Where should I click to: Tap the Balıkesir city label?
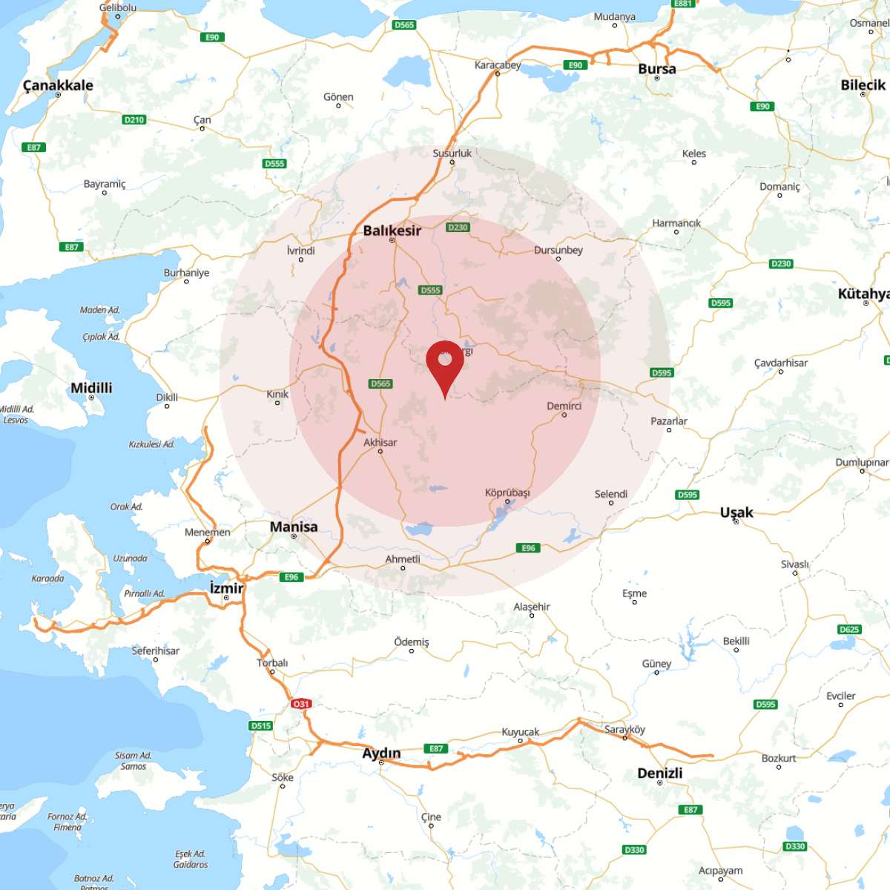click(x=392, y=231)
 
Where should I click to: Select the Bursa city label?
click(x=657, y=69)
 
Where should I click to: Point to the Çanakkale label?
click(x=58, y=85)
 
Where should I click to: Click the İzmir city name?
click(x=226, y=588)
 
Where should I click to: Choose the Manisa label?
click(x=294, y=527)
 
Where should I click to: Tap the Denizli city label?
click(x=659, y=773)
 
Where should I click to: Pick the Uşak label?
click(x=736, y=512)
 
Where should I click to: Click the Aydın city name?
click(x=381, y=754)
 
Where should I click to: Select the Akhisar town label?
click(x=380, y=442)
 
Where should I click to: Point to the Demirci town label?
click(x=564, y=406)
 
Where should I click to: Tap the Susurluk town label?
click(x=452, y=154)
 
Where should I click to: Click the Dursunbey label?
click(x=558, y=250)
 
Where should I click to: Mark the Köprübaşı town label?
click(x=507, y=492)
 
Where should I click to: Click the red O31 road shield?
click(x=300, y=704)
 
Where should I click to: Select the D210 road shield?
click(x=134, y=119)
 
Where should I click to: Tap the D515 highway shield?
click(x=260, y=726)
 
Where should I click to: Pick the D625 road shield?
click(x=849, y=630)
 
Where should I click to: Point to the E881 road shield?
click(x=682, y=4)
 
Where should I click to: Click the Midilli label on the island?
click(x=91, y=388)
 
